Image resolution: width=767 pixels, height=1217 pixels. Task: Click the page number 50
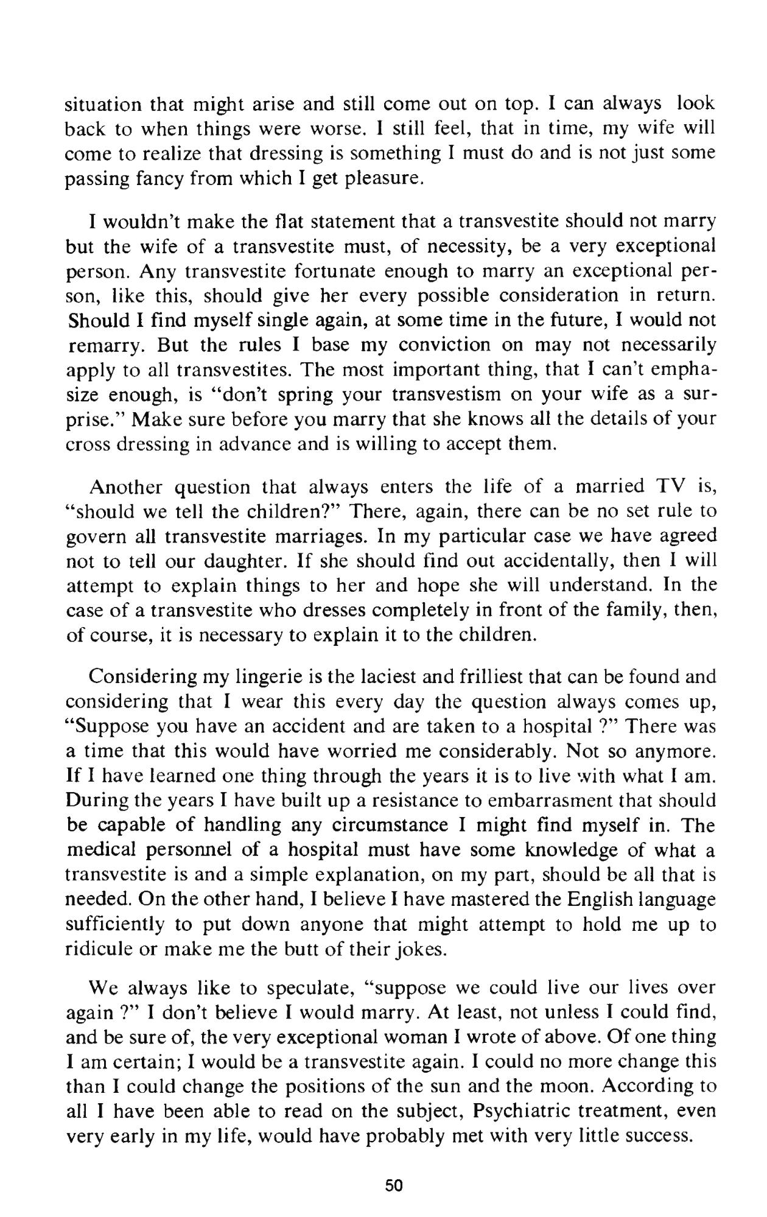(x=394, y=1185)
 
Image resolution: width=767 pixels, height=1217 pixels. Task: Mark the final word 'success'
(x=656, y=1137)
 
